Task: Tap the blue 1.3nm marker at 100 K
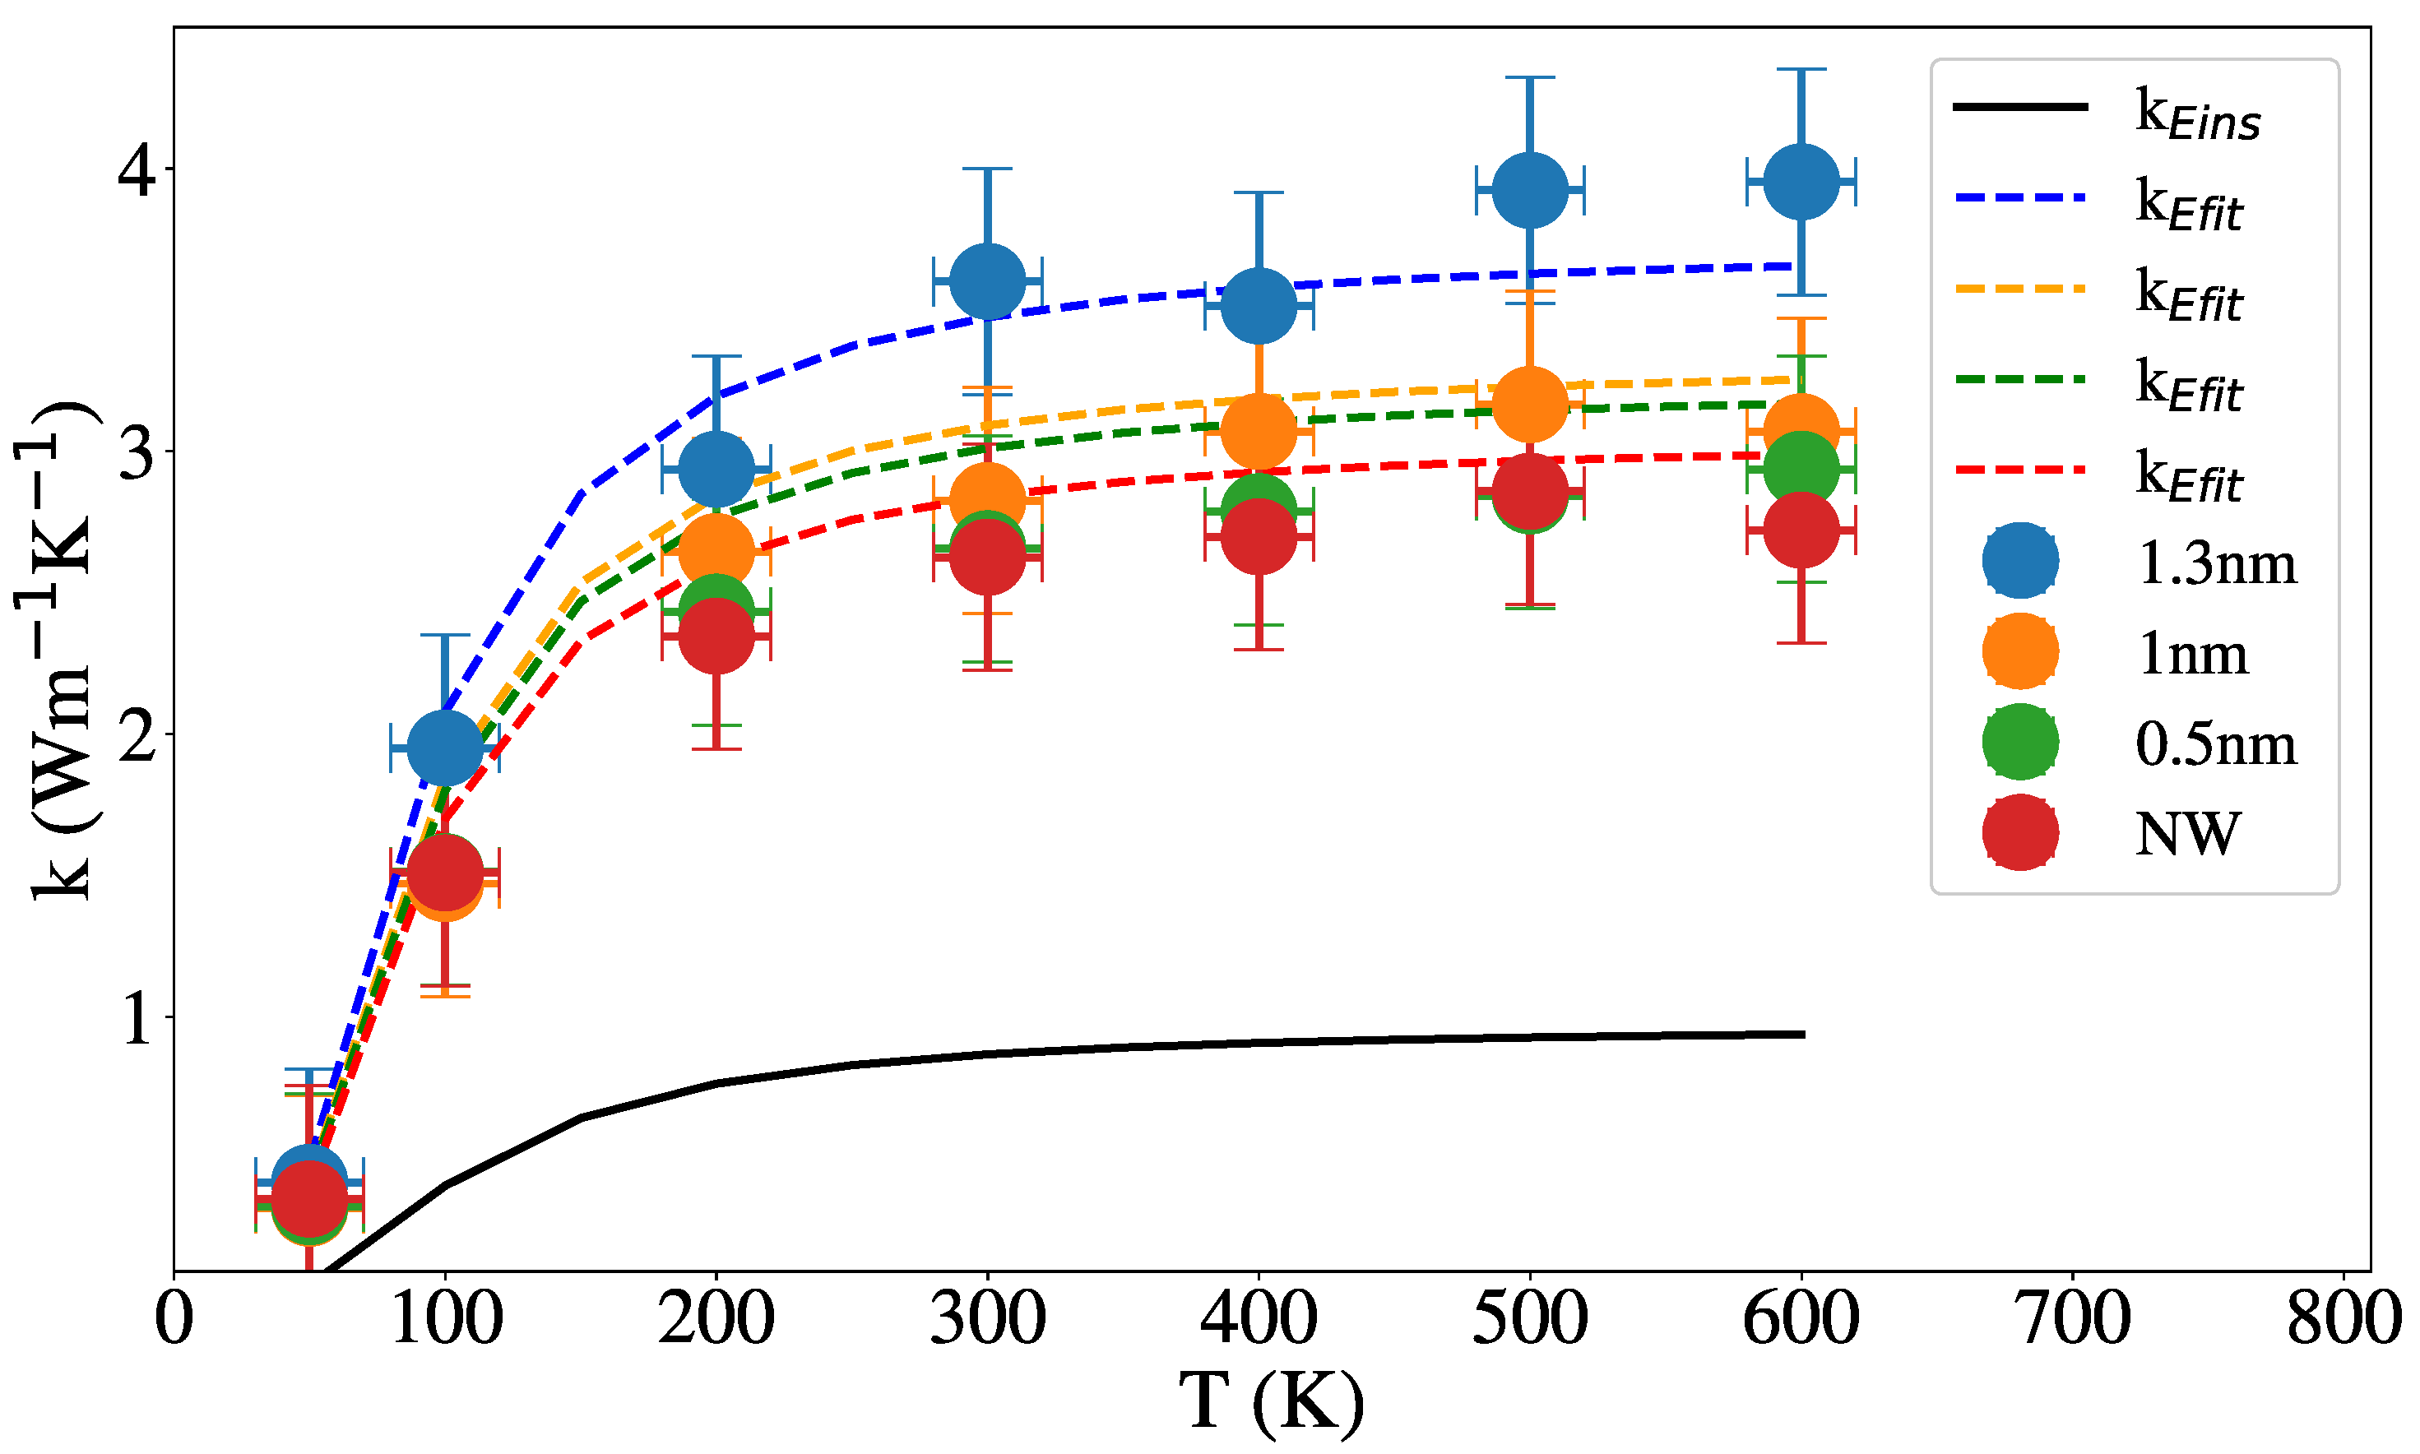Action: click(445, 748)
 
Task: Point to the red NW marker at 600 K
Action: click(1800, 530)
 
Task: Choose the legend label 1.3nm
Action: click(2216, 564)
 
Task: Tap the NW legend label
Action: click(2187, 835)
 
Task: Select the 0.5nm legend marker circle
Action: click(2020, 742)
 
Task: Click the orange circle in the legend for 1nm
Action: click(2020, 651)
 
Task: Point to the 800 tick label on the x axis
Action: click(2343, 1319)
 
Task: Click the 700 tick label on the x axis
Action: click(2073, 1319)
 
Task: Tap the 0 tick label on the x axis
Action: click(174, 1319)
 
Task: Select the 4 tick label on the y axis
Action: click(137, 169)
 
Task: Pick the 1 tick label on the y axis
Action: click(137, 1018)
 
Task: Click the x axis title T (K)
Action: click(1271, 1402)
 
